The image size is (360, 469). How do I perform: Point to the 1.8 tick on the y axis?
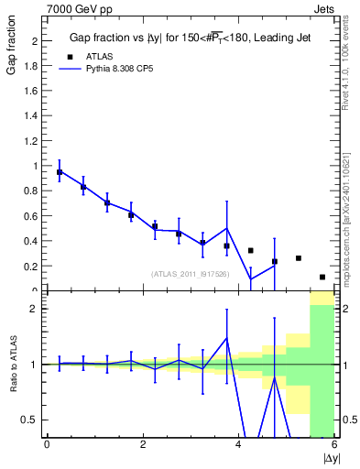(x=33, y=66)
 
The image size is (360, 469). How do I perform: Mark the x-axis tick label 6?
(x=334, y=445)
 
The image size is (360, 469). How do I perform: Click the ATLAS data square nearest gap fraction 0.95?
(x=60, y=172)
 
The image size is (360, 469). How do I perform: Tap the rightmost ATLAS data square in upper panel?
(x=322, y=277)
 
